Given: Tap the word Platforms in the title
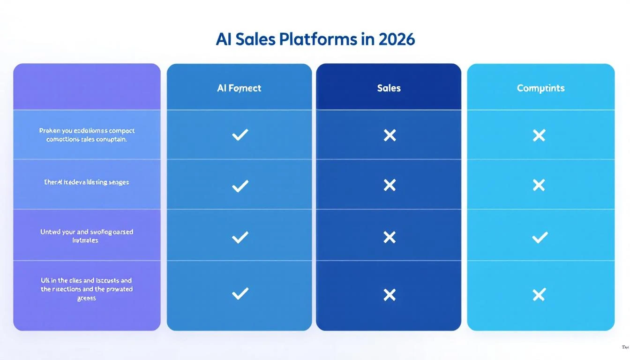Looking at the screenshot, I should (x=318, y=39).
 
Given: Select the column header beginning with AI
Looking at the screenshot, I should (x=239, y=88).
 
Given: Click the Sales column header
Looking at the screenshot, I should (x=389, y=88).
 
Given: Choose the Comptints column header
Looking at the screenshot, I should (x=540, y=88).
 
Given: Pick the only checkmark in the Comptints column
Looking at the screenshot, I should (x=540, y=237).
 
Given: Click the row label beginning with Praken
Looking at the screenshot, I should (x=87, y=135).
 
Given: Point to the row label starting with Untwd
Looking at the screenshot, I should (x=87, y=236).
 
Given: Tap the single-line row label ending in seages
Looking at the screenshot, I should (x=87, y=182).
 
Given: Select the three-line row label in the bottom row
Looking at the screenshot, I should (x=87, y=289).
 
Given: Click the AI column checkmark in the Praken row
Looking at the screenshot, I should (x=240, y=135).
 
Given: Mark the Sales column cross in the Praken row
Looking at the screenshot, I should (x=390, y=135).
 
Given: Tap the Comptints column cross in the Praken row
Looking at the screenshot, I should (x=539, y=135).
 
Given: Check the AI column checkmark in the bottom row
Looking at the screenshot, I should (x=240, y=294).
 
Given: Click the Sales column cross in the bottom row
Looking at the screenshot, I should (x=390, y=294).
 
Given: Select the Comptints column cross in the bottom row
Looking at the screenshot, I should (x=539, y=294).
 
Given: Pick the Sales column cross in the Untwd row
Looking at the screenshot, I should (x=390, y=237).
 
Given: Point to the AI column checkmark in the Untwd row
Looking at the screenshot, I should (x=240, y=237).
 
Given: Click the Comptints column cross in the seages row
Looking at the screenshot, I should (x=539, y=185).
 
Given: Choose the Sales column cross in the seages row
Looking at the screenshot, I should (x=390, y=185).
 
